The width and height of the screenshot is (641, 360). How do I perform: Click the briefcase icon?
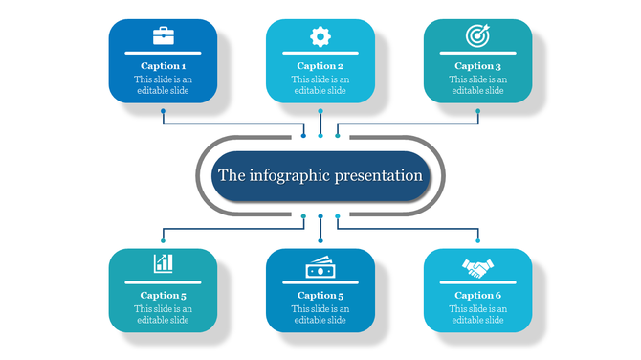[163, 37]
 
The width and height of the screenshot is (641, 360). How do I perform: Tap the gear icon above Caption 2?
[320, 37]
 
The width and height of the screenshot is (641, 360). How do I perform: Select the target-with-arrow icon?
[476, 36]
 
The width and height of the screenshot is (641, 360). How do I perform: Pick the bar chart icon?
[163, 262]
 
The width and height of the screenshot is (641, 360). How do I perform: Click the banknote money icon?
[320, 264]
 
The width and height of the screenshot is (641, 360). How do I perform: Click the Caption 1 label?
[163, 66]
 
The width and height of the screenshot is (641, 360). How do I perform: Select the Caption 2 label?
[320, 66]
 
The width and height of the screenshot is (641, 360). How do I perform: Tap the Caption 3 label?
[477, 66]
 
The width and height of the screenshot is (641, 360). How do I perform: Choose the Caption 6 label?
[477, 296]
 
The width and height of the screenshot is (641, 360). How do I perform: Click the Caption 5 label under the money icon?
[320, 296]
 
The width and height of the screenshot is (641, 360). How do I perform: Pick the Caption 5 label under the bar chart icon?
[163, 296]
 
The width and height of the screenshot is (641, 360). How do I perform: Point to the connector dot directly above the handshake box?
[477, 241]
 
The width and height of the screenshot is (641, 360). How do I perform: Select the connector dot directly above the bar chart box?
[164, 241]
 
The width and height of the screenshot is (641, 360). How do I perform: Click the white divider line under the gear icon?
[320, 53]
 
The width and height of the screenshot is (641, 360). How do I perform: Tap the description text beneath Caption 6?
[477, 314]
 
